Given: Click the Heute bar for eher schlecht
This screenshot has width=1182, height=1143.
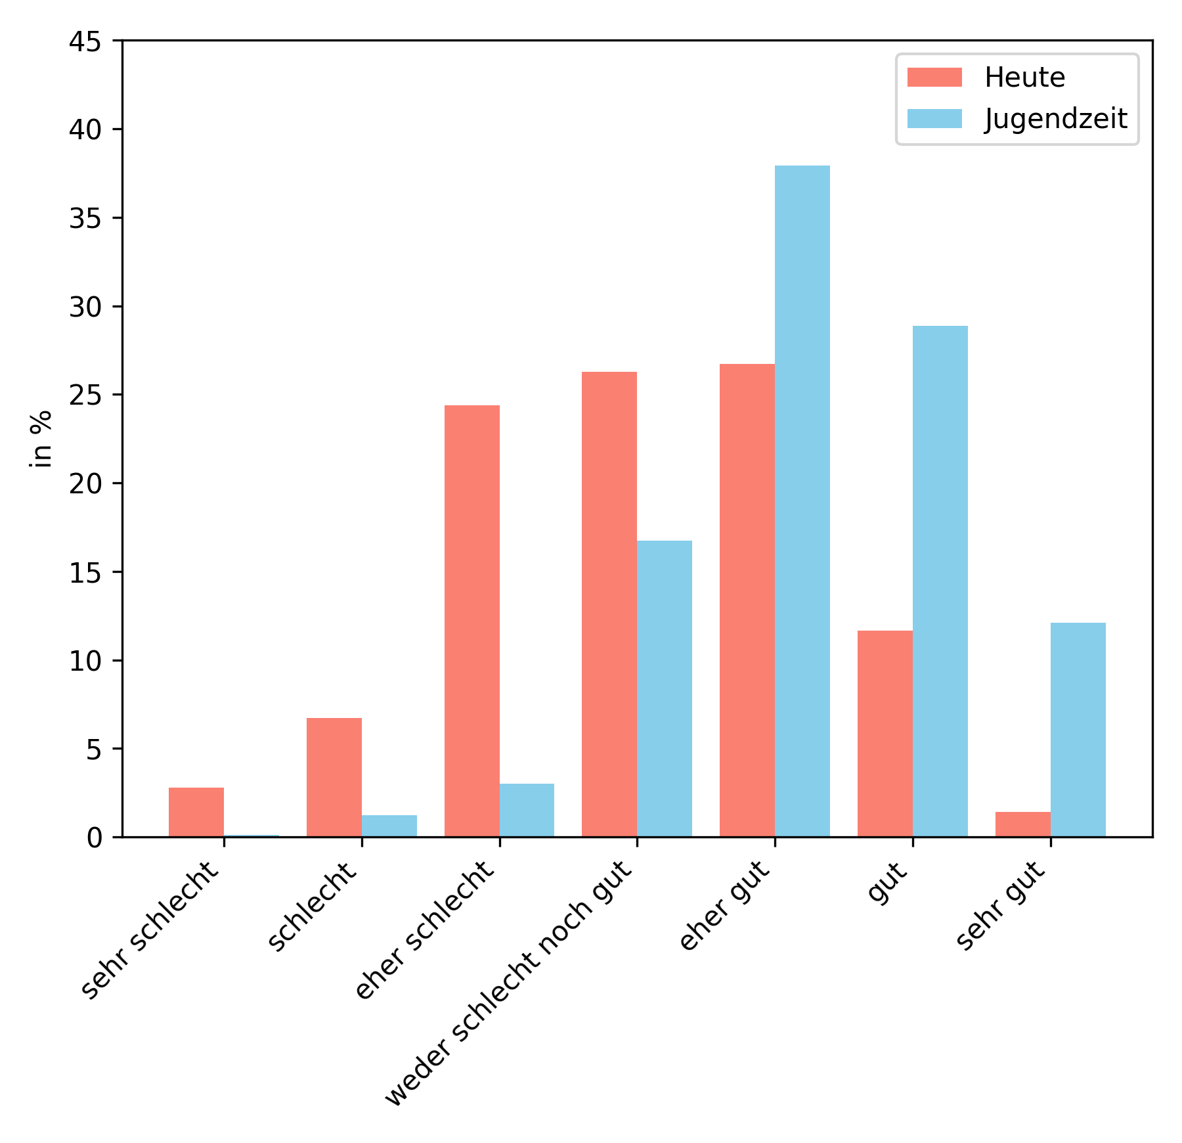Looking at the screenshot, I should pos(471,621).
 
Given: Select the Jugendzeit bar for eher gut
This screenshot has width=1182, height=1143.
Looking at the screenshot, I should pos(802,501).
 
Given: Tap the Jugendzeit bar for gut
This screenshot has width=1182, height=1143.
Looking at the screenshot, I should pos(940,581).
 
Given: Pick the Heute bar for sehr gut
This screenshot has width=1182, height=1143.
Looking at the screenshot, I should pos(1022,824).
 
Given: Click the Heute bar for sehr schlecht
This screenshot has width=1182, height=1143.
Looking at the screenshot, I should pos(196,812).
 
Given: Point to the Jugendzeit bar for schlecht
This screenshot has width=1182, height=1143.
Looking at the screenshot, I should pos(389,826).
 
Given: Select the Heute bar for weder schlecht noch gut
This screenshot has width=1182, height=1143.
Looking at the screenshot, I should pos(609,604).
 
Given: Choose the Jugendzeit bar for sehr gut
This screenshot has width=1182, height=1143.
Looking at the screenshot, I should pos(1078,729).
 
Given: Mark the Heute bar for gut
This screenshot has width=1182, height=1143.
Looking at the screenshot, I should pos(885,733).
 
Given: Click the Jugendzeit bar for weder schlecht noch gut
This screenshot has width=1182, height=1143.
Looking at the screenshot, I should pos(664,688).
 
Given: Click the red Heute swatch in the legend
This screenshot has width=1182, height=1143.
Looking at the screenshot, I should pos(934,78).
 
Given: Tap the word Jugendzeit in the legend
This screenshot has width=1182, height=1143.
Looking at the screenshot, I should pos(1055,119).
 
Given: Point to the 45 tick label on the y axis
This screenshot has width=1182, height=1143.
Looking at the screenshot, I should pos(85,41).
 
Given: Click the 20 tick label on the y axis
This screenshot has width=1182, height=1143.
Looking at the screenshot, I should pos(85,484).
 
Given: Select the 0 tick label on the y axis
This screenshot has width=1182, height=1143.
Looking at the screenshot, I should pos(95,838).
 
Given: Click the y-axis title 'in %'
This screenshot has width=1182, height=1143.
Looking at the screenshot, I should pos(41,439).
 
